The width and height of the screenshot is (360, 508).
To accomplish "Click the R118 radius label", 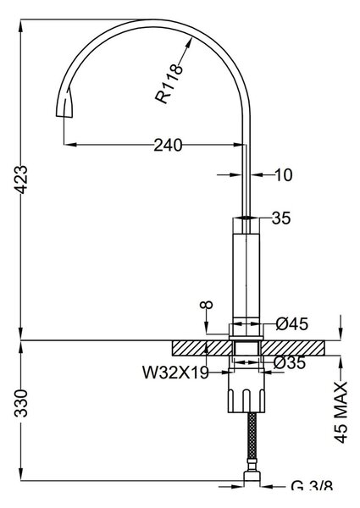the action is (169, 84).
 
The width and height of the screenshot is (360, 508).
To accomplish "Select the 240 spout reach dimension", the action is (168, 145).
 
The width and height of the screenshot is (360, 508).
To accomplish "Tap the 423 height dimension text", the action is (22, 179).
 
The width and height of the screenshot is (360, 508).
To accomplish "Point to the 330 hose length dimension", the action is (22, 403).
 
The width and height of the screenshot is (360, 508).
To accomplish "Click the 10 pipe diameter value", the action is (284, 175).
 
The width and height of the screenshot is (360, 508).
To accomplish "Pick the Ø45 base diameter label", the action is (292, 323).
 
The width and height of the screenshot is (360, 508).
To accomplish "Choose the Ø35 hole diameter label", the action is (290, 362).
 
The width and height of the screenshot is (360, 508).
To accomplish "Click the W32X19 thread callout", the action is (175, 373).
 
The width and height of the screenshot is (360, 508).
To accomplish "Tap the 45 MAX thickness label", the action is (341, 412).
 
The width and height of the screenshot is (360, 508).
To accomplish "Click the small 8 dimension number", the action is (207, 305).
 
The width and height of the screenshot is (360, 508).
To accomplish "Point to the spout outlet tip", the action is (64, 115).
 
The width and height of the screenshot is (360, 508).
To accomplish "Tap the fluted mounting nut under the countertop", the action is (246, 391).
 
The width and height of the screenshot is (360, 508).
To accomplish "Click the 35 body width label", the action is (281, 218).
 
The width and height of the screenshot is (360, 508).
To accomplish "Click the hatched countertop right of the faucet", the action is (293, 348).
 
